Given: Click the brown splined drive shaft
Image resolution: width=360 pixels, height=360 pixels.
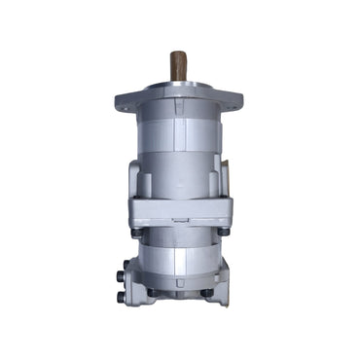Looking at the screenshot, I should click(x=179, y=66).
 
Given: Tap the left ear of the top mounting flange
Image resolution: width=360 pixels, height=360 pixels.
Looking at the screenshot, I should click(x=126, y=101).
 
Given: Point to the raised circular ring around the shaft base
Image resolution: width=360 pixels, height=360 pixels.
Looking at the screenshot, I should click(x=179, y=86).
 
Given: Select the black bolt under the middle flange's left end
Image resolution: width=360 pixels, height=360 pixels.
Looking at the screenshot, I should click(x=137, y=232).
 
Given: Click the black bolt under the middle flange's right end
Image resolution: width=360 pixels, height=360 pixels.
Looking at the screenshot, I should click(x=223, y=232).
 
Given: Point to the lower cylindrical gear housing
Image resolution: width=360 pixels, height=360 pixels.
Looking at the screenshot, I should click(x=179, y=258).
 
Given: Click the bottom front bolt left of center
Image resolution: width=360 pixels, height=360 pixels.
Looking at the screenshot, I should click(x=152, y=291).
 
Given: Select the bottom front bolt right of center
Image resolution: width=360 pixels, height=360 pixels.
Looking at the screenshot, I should click(x=206, y=291).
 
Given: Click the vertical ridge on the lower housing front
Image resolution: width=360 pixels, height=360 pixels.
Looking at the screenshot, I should click(x=179, y=261).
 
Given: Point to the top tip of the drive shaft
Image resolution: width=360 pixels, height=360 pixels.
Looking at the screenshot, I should click(x=179, y=53).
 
